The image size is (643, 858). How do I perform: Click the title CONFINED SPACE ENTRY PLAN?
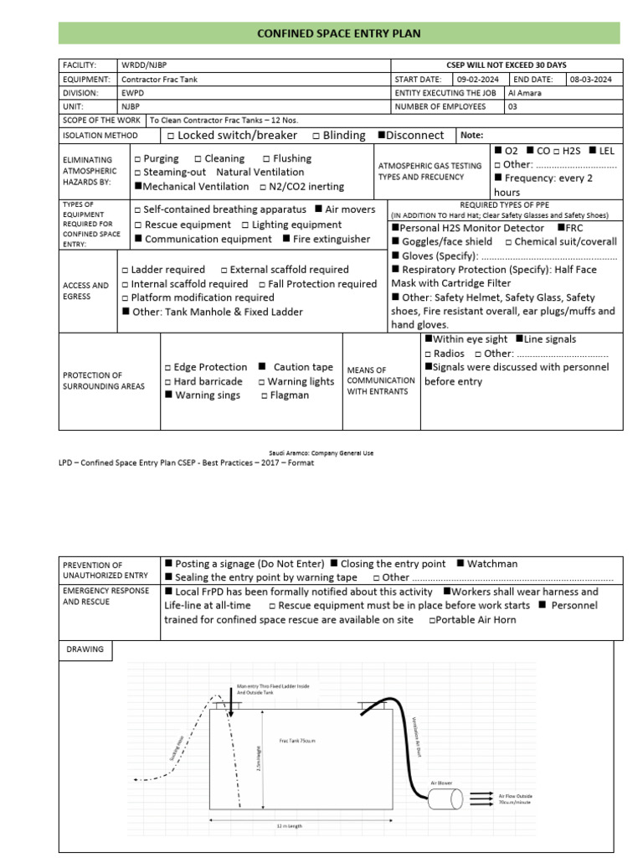338,34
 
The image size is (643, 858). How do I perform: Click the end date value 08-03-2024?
590,79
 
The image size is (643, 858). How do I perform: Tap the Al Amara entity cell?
525,93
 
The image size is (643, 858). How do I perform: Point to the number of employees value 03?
513,106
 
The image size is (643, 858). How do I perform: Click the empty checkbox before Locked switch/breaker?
171,136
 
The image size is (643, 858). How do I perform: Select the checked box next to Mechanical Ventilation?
138,187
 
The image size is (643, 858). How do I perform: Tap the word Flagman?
290,395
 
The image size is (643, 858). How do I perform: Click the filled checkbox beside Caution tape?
263,367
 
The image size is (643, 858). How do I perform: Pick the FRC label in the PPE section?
575,228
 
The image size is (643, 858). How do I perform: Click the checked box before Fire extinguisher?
286,240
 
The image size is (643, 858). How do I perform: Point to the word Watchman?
492,564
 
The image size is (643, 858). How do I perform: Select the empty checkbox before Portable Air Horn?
432,620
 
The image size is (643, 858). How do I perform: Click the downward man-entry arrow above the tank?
231,695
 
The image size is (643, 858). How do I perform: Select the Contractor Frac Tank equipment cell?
160,79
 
